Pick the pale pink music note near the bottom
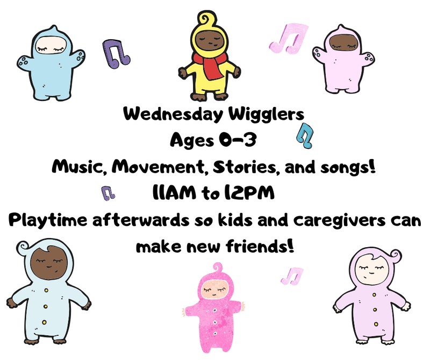[x=292, y=276]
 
